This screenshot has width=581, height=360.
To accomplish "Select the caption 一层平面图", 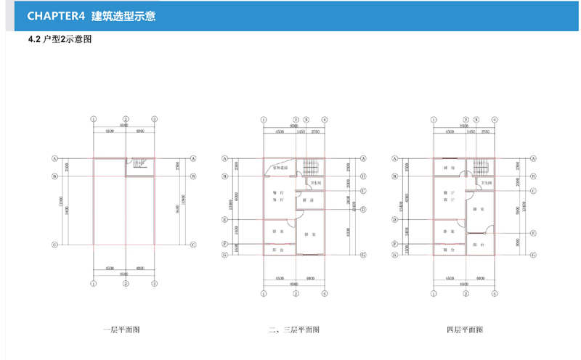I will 122,330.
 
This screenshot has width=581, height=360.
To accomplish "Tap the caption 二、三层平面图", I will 293,330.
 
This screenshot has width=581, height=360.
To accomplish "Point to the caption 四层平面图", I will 465,330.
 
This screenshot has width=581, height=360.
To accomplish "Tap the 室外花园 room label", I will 280,168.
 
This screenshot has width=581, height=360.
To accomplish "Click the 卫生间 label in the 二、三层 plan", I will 317,182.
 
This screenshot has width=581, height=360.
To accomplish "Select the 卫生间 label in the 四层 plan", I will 486,182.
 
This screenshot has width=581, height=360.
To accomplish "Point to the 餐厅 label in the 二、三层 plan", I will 277,192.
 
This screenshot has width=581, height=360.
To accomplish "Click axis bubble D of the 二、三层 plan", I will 362,209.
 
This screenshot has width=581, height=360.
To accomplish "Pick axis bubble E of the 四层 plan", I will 533,233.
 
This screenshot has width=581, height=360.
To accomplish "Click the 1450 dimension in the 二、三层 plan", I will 301,132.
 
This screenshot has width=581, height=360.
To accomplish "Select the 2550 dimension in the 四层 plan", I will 485,132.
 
